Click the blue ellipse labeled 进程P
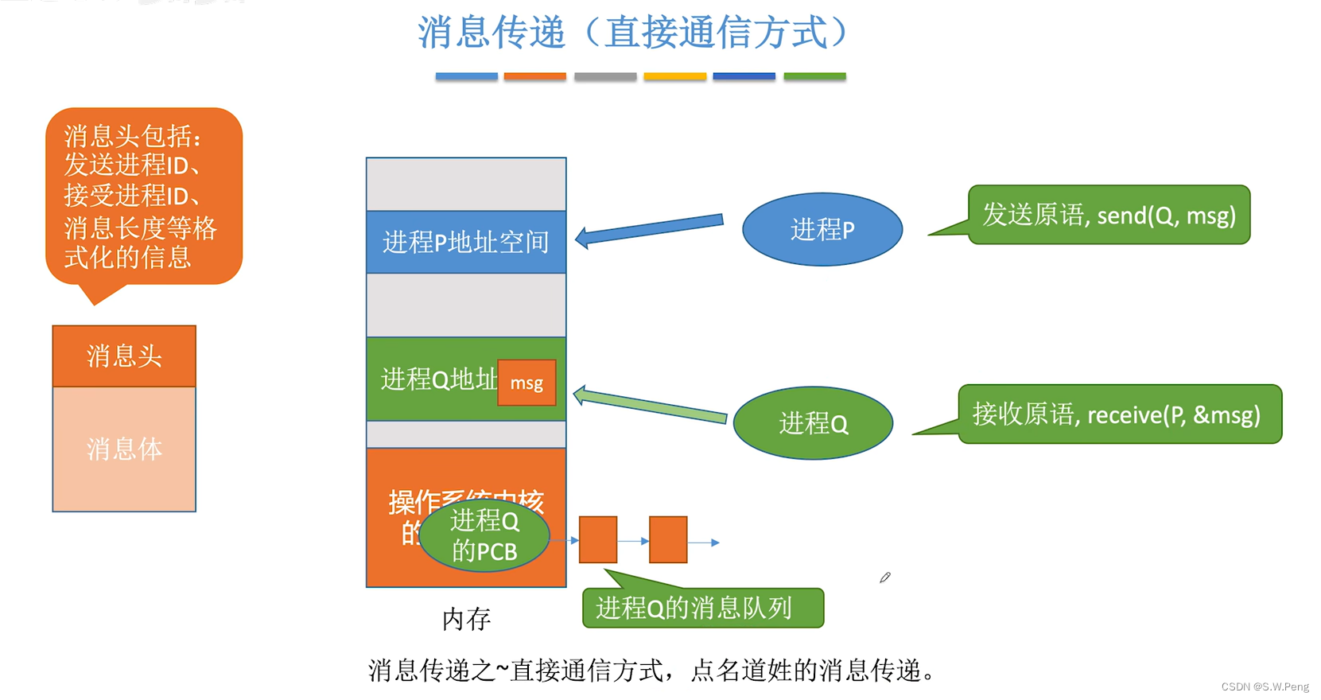[822, 229]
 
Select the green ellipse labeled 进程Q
[813, 422]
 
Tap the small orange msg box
[526, 383]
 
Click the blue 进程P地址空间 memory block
[466, 242]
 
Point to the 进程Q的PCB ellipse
[484, 535]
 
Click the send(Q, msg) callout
[1109, 215]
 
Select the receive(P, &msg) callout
[1119, 414]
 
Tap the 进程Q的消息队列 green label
[702, 609]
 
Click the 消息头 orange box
[124, 356]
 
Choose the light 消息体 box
[124, 449]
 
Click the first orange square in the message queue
[598, 540]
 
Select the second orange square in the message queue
[668, 540]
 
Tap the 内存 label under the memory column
[466, 619]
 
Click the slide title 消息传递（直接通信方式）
[633, 33]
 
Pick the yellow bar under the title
[674, 76]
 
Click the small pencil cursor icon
[884, 577]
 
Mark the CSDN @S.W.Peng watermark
[1265, 686]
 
